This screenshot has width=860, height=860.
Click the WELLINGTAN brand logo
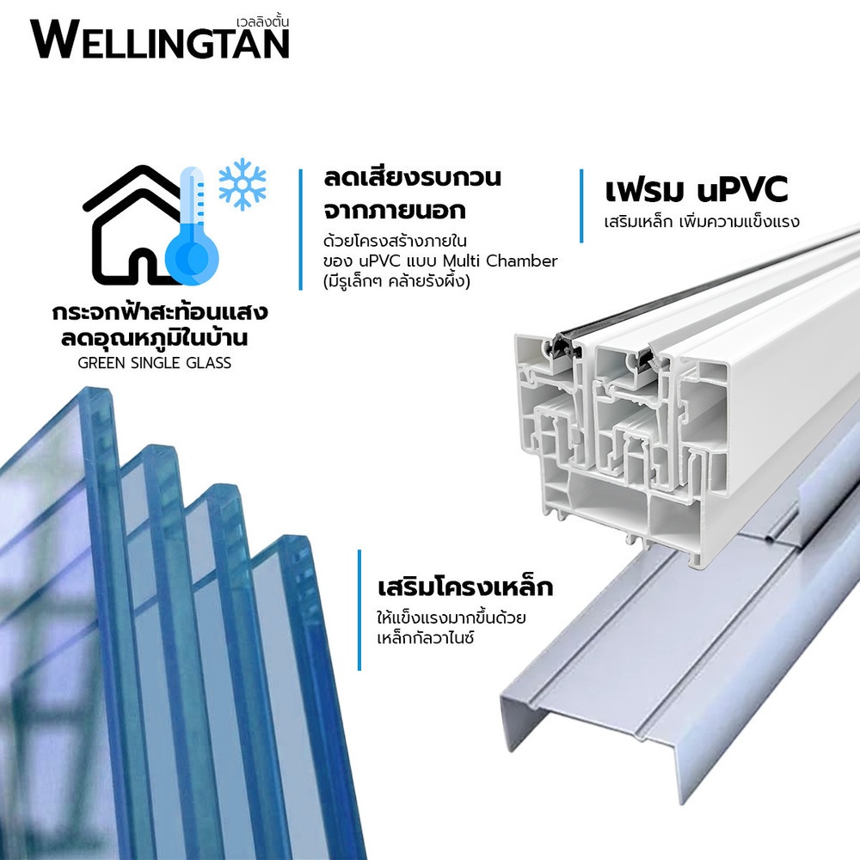click(x=160, y=40)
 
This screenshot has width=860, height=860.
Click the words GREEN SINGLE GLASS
click(x=154, y=363)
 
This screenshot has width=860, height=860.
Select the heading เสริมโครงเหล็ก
click(x=464, y=589)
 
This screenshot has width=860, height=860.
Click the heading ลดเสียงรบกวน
click(x=412, y=179)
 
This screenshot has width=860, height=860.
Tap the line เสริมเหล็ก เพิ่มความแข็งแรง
click(x=701, y=221)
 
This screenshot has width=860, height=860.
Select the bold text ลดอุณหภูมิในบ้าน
click(x=160, y=338)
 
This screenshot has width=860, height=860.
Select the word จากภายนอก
click(x=396, y=209)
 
